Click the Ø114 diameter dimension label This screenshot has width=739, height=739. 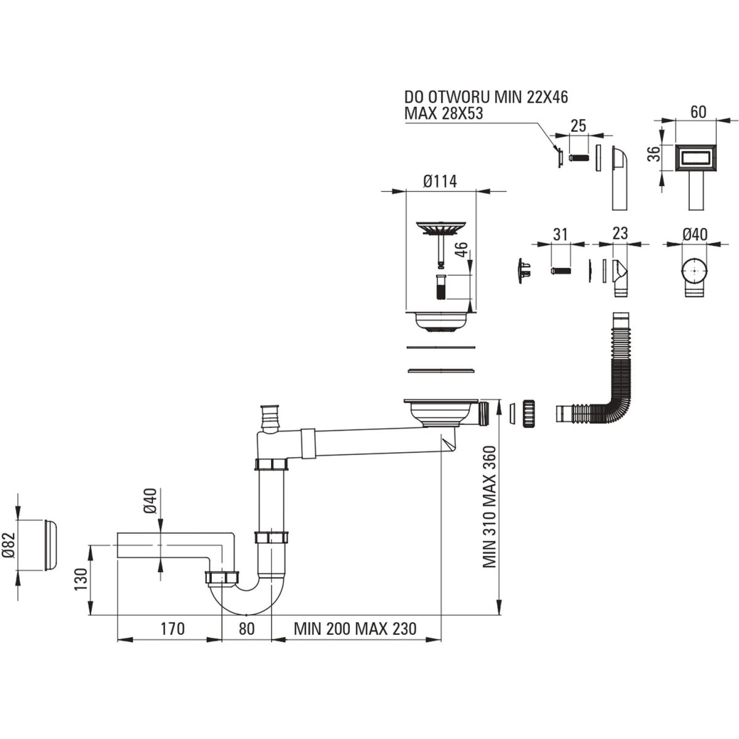coord(440,182)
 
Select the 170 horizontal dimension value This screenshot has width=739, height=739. coord(172,629)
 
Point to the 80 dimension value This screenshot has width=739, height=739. coord(246,629)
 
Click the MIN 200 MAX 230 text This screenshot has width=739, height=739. coord(355,629)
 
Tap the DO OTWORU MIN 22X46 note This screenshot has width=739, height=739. coord(486,97)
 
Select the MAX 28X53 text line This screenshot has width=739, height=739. coord(443,114)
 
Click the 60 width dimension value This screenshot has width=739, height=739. coord(698,112)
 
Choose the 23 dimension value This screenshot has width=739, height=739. coord(620,233)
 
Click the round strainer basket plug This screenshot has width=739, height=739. coord(440,229)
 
